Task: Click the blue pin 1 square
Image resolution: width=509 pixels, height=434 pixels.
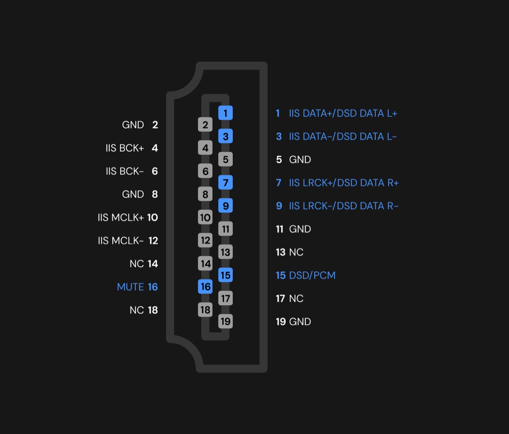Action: pos(225,113)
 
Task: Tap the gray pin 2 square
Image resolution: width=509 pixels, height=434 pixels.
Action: pos(205,125)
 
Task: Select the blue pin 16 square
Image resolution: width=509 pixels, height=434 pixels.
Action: pos(205,287)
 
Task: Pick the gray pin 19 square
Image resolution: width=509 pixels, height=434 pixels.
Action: pos(225,321)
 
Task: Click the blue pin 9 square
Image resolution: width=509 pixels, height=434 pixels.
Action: pos(225,206)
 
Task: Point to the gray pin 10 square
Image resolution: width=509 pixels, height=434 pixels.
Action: pos(205,217)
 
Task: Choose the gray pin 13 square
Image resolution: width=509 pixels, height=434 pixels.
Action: pos(225,252)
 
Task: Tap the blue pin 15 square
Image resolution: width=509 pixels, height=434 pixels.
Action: pos(225,275)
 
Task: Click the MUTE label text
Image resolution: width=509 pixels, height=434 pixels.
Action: pos(130,287)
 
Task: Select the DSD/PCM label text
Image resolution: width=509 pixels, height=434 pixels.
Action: pos(312,275)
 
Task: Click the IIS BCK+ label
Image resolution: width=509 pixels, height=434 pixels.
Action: pos(125,148)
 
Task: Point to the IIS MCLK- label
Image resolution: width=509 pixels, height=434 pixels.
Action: pos(120,241)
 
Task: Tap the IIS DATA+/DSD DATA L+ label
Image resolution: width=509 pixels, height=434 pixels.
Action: pos(343,114)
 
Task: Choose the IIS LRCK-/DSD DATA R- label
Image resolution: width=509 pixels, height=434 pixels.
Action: pos(344,206)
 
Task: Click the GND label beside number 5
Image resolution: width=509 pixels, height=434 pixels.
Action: pos(300,160)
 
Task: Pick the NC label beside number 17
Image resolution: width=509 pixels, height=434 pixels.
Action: pos(296,298)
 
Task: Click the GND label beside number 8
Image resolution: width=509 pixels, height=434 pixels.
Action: pos(133,195)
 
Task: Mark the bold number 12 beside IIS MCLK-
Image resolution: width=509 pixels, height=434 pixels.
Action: pos(153,241)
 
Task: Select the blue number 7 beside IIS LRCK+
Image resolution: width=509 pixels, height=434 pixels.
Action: pos(279,183)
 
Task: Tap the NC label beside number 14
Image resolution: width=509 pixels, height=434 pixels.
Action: pos(137,264)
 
